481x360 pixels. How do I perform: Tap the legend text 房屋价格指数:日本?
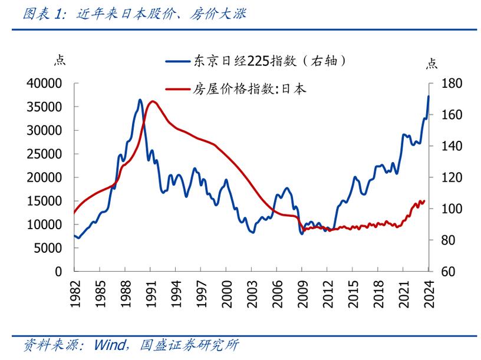249,90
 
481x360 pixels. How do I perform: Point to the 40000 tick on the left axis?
45,84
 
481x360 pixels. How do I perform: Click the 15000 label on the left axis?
45,201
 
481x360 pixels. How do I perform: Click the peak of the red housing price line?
153,101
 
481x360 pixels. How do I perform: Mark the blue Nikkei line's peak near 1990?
140,100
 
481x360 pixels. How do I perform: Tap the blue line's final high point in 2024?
429,96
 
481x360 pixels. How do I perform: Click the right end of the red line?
424,201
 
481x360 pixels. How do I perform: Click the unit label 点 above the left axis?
60,59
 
